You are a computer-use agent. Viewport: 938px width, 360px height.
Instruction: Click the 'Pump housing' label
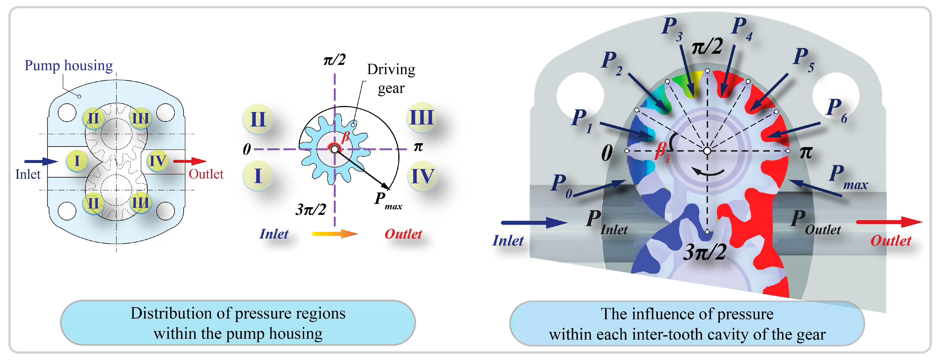pos(68,66)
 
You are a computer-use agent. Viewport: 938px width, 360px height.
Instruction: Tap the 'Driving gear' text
pos(391,78)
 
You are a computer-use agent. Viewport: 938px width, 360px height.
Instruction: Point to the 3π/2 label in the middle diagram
pos(311,209)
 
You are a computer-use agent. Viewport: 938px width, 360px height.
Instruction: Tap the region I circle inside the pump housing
pos(77,160)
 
